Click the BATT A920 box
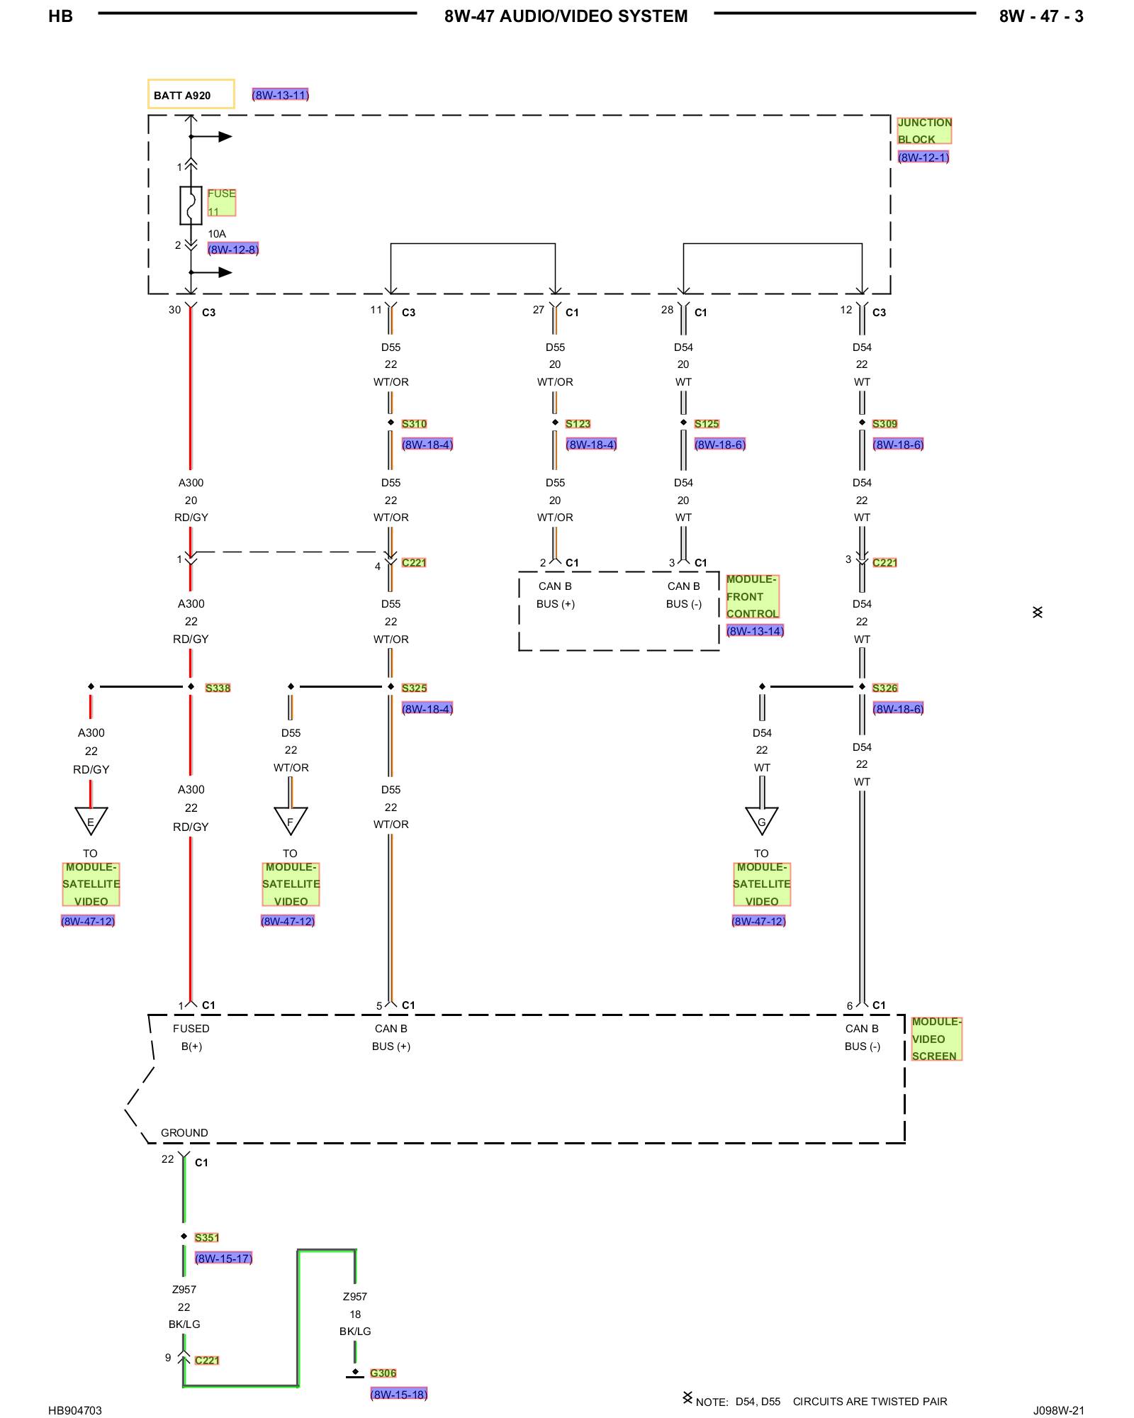[x=191, y=94]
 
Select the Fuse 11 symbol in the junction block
[x=191, y=206]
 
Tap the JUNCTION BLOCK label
[x=924, y=131]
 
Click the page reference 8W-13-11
[x=281, y=95]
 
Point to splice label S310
[x=414, y=424]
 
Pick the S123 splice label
[x=578, y=424]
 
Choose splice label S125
[x=707, y=424]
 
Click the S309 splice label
[x=885, y=424]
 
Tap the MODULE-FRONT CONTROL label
[x=752, y=596]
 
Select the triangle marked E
[x=91, y=820]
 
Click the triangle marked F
[x=291, y=820]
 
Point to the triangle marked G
[x=762, y=820]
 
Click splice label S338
[x=218, y=688]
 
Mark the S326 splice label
[x=885, y=688]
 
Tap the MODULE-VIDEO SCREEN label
[x=936, y=1039]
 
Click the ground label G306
[x=383, y=1373]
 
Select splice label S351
[x=207, y=1238]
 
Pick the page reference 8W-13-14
[x=755, y=631]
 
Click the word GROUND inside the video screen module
[x=184, y=1133]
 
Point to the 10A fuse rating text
[x=217, y=234]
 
